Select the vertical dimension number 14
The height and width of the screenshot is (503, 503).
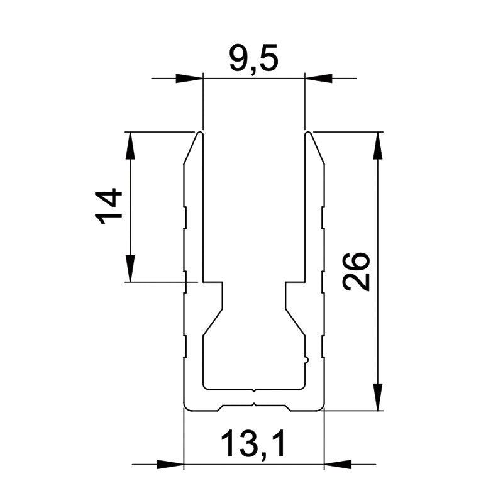point(108,206)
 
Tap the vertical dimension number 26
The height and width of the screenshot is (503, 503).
point(356,271)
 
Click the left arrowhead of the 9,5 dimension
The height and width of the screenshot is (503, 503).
point(189,78)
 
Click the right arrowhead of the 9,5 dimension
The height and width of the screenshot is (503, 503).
point(318,78)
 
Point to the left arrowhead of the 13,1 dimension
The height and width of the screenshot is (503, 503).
point(170,464)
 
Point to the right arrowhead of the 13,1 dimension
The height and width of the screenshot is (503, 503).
point(338,464)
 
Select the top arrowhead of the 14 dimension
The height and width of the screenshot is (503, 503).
point(130,145)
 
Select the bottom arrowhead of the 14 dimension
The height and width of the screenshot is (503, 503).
point(130,268)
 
